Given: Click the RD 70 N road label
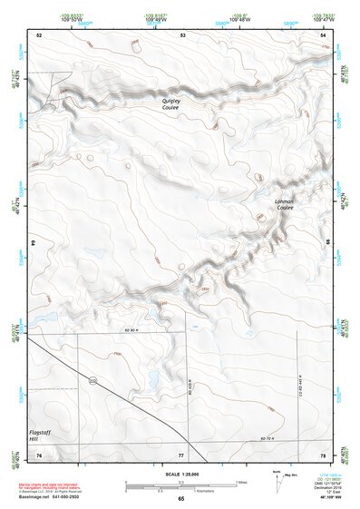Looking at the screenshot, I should [267, 439].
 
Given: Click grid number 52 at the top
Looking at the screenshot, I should [39, 34].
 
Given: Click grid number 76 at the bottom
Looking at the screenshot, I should [39, 454].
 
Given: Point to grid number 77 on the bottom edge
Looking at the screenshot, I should [180, 454].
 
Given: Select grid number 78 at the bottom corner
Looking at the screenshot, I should [323, 454].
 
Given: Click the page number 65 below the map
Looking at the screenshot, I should [180, 498].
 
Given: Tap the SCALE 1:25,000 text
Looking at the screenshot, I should [180, 474].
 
